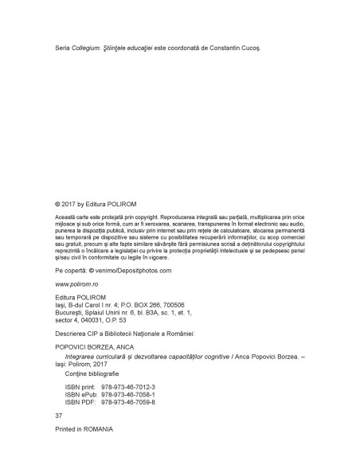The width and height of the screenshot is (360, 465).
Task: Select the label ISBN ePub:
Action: click(x=80, y=393)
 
